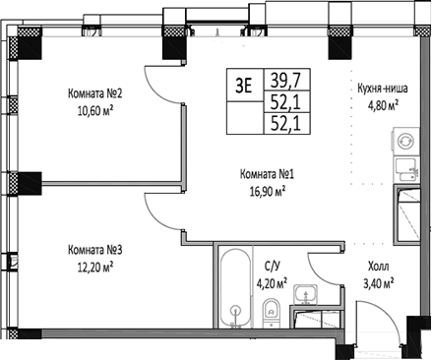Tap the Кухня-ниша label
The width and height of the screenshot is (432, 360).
(x=390, y=88)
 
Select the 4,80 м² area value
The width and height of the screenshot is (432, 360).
(x=390, y=103)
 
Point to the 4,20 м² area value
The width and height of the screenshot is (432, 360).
(x=275, y=283)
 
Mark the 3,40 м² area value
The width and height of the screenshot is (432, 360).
(x=378, y=283)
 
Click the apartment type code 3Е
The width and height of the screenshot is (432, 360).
(x=242, y=85)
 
